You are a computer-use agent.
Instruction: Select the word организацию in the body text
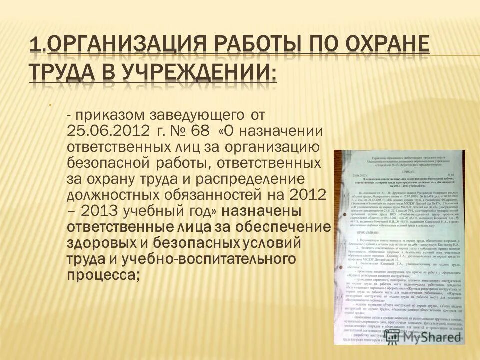click(277, 147)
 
